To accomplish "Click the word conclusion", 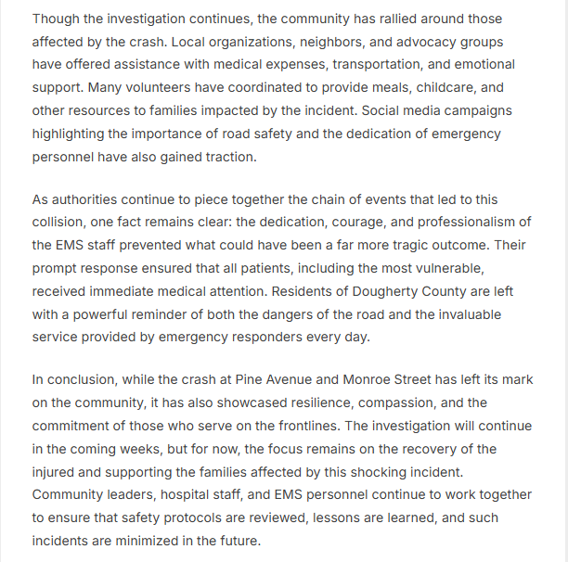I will (x=84, y=379).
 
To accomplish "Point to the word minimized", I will (x=161, y=540).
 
